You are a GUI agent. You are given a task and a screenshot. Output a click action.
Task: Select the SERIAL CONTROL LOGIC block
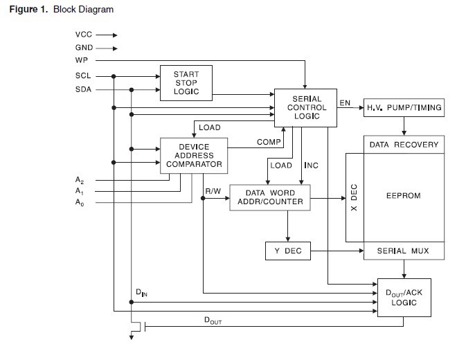(305, 108)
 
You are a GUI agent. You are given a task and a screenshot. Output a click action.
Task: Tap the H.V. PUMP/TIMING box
(404, 108)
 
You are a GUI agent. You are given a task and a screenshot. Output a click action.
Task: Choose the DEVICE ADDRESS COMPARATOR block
(194, 156)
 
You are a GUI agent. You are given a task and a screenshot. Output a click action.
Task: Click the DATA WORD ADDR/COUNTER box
(270, 197)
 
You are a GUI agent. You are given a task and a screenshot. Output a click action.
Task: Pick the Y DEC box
(288, 251)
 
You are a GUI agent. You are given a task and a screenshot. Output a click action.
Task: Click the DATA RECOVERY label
(404, 145)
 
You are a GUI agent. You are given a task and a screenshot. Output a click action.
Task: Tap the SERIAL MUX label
(404, 251)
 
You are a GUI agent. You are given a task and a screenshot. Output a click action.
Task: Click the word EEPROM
(404, 197)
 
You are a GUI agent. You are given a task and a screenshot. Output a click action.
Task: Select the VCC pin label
(83, 34)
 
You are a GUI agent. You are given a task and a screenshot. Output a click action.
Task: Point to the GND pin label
(84, 48)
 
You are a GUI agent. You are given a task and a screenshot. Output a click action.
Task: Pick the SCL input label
(83, 75)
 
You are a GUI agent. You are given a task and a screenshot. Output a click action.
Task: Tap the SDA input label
(83, 89)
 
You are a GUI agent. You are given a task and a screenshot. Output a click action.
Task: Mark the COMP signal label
(268, 142)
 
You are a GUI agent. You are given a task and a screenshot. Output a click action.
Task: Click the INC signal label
(311, 166)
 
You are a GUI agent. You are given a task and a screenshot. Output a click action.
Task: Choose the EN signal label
(345, 103)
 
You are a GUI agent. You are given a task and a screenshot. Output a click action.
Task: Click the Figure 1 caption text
(61, 10)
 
